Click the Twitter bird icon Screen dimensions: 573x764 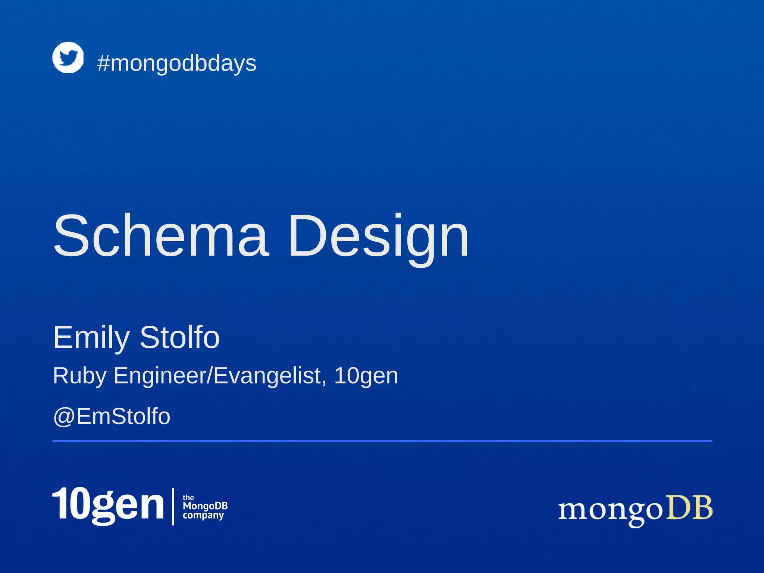tap(68, 57)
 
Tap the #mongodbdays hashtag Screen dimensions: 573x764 tap(176, 63)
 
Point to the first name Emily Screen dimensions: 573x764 tap(91, 338)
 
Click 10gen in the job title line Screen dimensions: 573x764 tap(366, 376)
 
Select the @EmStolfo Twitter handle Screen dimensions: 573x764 tap(112, 416)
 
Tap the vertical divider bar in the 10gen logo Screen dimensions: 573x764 tap(173, 507)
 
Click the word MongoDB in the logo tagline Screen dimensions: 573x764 tap(205, 506)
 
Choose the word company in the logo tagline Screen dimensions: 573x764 tap(203, 516)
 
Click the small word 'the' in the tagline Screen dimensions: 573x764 tap(188, 498)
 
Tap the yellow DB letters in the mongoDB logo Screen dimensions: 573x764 tap(689, 508)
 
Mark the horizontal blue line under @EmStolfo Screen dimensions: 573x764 tap(382, 441)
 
